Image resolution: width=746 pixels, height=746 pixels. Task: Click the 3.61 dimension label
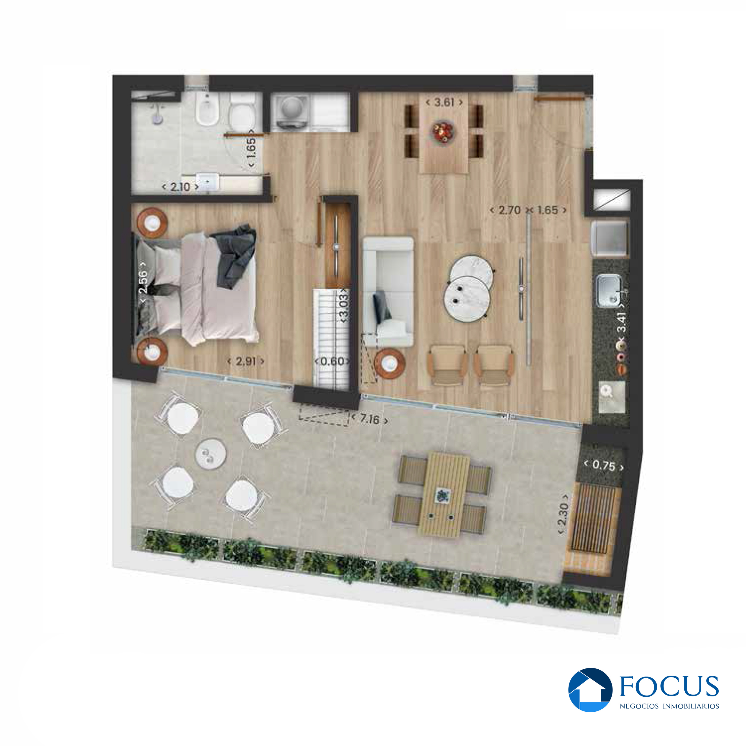point(444,103)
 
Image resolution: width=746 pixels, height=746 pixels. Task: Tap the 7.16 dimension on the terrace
point(370,419)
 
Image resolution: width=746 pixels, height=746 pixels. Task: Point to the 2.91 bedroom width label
point(246,361)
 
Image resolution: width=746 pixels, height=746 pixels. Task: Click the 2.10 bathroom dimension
point(180,187)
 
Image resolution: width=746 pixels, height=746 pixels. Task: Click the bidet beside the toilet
point(207,110)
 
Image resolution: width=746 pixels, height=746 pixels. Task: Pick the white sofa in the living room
point(388,292)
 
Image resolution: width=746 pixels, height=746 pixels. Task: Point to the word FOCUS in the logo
point(669,686)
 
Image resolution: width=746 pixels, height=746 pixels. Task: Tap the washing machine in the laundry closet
point(291,112)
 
